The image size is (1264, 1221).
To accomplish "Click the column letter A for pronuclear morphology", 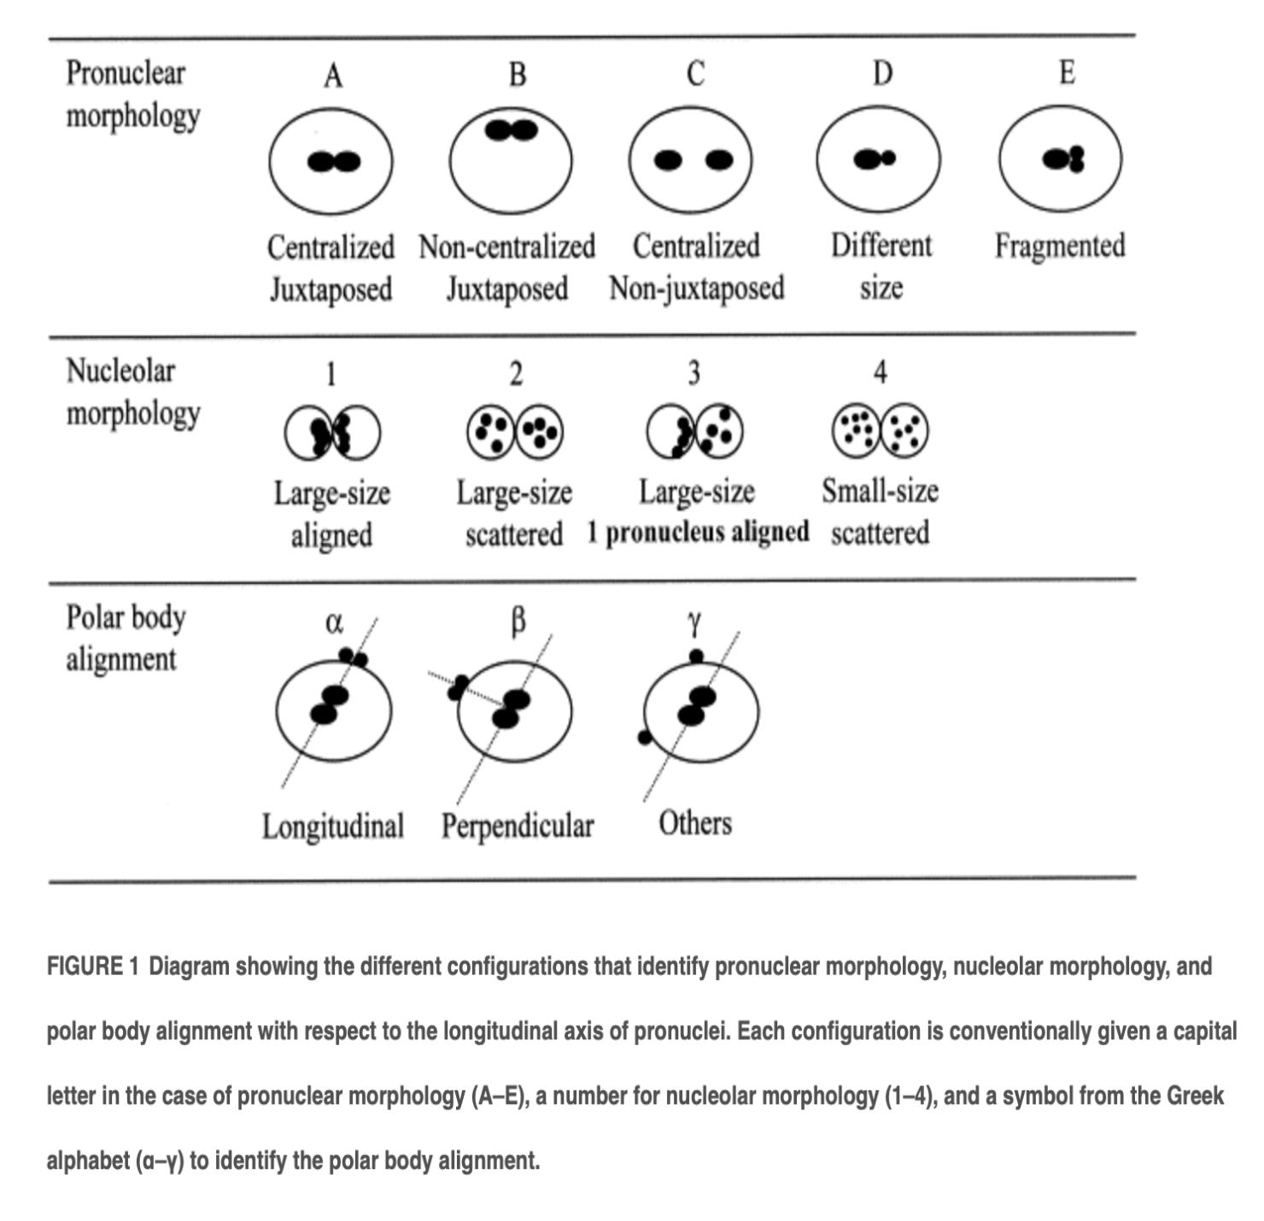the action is (333, 76).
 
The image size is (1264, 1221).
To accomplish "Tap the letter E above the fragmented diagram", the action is (1068, 72).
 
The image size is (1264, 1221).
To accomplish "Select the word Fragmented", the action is (1060, 246).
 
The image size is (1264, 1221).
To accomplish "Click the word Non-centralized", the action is (506, 246).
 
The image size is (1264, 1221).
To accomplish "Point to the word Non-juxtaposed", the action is (696, 288).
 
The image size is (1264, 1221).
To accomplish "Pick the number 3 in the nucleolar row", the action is (694, 373).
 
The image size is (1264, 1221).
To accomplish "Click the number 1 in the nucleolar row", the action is (331, 374).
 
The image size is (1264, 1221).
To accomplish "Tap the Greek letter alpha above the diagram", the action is (334, 622).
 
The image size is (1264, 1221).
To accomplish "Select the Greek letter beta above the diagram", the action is (517, 622).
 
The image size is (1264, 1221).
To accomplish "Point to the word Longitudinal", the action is (332, 827).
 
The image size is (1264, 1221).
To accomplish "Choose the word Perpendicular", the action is (518, 827).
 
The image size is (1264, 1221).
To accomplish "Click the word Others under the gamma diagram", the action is (695, 823).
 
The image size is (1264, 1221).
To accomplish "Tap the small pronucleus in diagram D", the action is (888, 158).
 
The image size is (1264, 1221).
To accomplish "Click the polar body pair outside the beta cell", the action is (458, 688).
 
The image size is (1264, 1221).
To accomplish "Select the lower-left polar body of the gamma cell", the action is (644, 737).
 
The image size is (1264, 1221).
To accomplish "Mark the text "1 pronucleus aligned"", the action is (699, 533).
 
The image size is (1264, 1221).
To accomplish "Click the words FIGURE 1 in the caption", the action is (93, 967).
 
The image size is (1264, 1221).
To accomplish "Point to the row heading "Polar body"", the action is (126, 617).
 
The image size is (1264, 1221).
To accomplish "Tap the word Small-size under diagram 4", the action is (881, 490).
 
